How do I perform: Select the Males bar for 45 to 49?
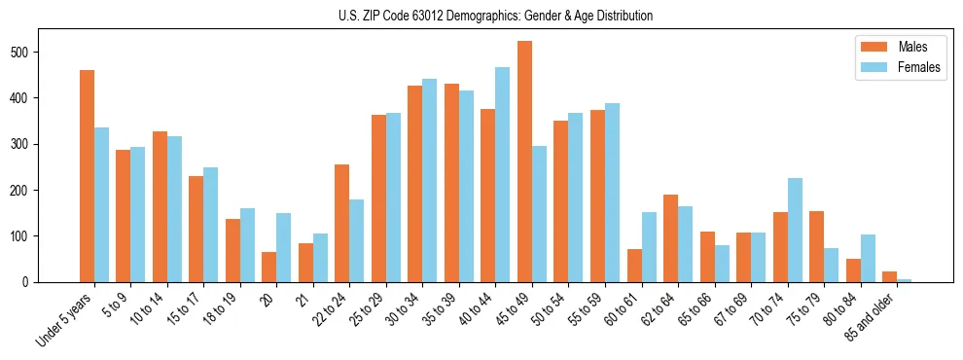click(524, 162)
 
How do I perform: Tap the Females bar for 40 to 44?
click(503, 174)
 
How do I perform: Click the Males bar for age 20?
click(269, 268)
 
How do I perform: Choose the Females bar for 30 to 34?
click(430, 180)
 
